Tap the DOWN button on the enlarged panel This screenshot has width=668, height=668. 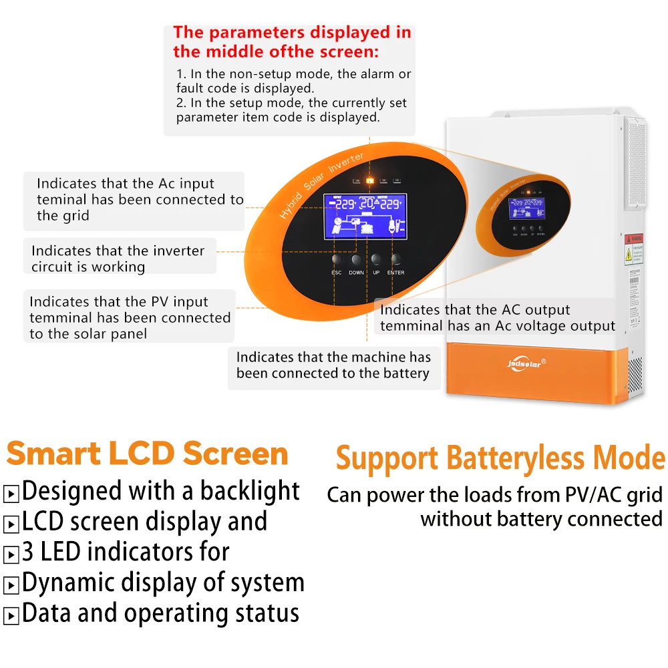click(x=356, y=259)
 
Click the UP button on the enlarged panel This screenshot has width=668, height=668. click(x=377, y=259)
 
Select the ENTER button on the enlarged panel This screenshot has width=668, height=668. click(x=396, y=259)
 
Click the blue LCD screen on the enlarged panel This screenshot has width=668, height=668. click(x=364, y=215)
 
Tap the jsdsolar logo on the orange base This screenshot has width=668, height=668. click(x=522, y=365)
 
